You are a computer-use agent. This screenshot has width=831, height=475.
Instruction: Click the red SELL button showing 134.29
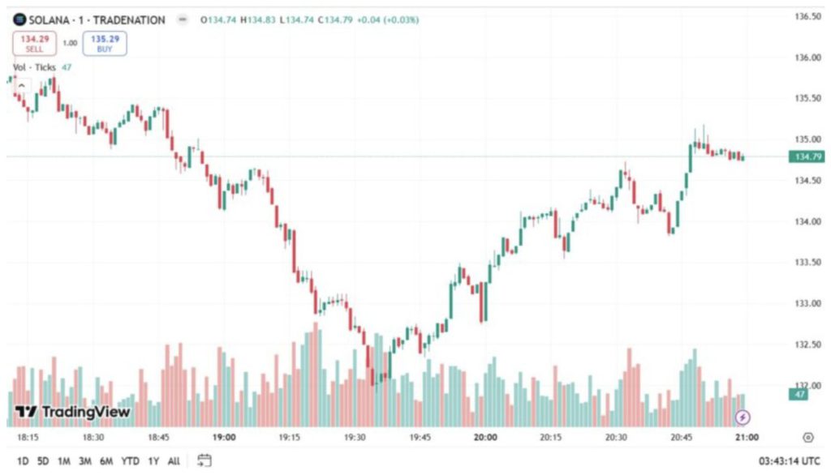click(x=34, y=43)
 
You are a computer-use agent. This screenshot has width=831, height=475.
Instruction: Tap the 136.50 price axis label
click(x=807, y=16)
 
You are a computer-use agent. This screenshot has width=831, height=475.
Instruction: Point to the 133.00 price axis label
click(x=807, y=303)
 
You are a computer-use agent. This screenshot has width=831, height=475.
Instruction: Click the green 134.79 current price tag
click(x=807, y=156)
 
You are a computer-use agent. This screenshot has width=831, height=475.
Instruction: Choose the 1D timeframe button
click(x=23, y=461)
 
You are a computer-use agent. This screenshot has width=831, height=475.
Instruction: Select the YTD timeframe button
click(x=130, y=461)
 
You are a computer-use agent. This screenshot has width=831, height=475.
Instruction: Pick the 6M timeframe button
click(x=106, y=461)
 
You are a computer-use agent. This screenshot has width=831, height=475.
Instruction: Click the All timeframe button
click(x=174, y=461)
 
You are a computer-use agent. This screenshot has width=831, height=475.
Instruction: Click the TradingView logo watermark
click(x=73, y=413)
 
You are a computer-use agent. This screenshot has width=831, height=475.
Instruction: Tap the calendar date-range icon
click(x=205, y=460)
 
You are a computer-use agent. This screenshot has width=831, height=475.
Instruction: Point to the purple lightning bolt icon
click(x=743, y=417)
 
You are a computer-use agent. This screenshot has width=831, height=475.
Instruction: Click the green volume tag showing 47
click(x=800, y=394)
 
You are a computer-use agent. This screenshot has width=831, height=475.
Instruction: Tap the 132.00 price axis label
click(x=807, y=385)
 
